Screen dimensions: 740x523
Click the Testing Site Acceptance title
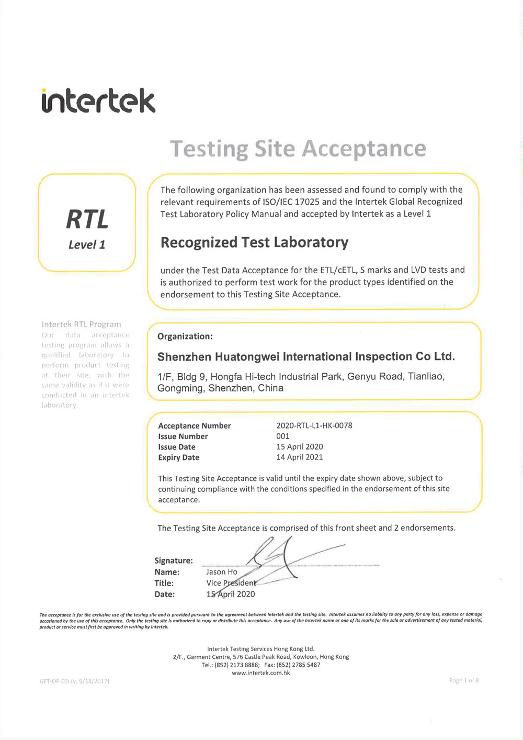(x=298, y=149)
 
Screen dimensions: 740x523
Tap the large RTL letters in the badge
(x=87, y=219)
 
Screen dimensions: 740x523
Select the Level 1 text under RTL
(x=87, y=244)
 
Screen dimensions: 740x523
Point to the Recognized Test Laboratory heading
(x=254, y=242)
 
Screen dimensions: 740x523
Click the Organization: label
(x=185, y=337)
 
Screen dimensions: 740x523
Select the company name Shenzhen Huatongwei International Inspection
(x=306, y=356)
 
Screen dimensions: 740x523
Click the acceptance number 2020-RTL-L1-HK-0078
(x=314, y=425)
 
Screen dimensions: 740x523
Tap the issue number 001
(x=283, y=436)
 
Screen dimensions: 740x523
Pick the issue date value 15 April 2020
(x=300, y=446)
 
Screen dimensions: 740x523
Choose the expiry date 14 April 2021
(x=300, y=457)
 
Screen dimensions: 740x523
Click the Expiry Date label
(x=179, y=457)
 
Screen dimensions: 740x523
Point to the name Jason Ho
(x=222, y=572)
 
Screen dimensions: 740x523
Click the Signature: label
(x=174, y=560)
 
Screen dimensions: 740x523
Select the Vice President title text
(x=231, y=583)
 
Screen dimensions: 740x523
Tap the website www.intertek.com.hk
(x=261, y=673)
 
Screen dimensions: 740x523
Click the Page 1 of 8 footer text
(x=464, y=680)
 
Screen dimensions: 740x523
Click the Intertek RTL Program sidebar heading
(x=82, y=324)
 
